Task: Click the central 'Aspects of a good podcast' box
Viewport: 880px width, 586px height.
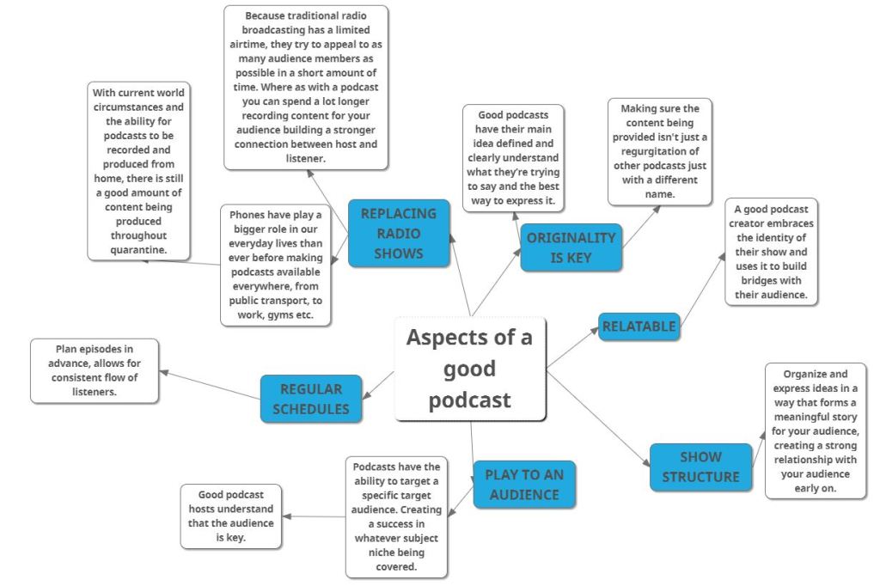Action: click(470, 369)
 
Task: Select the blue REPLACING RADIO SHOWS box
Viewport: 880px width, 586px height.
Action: click(398, 232)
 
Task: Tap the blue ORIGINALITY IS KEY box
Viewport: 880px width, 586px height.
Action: click(571, 247)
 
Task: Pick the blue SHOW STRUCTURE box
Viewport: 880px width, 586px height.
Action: click(700, 467)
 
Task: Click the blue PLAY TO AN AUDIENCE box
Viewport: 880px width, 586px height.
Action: click(523, 484)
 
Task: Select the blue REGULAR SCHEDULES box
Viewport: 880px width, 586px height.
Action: click(310, 399)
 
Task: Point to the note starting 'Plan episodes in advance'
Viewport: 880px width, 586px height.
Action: click(95, 370)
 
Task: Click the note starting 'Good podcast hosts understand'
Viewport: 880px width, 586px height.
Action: click(230, 516)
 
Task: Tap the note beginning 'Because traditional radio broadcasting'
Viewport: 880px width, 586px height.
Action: click(306, 88)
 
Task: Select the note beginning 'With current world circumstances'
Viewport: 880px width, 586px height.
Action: click(137, 171)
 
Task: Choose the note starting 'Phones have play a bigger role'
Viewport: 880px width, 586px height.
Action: click(276, 265)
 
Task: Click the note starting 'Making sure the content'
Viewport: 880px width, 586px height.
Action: click(659, 151)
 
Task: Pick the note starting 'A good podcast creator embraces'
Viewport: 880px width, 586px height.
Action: click(770, 251)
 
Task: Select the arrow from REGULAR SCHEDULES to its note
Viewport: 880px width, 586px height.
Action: click(210, 384)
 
